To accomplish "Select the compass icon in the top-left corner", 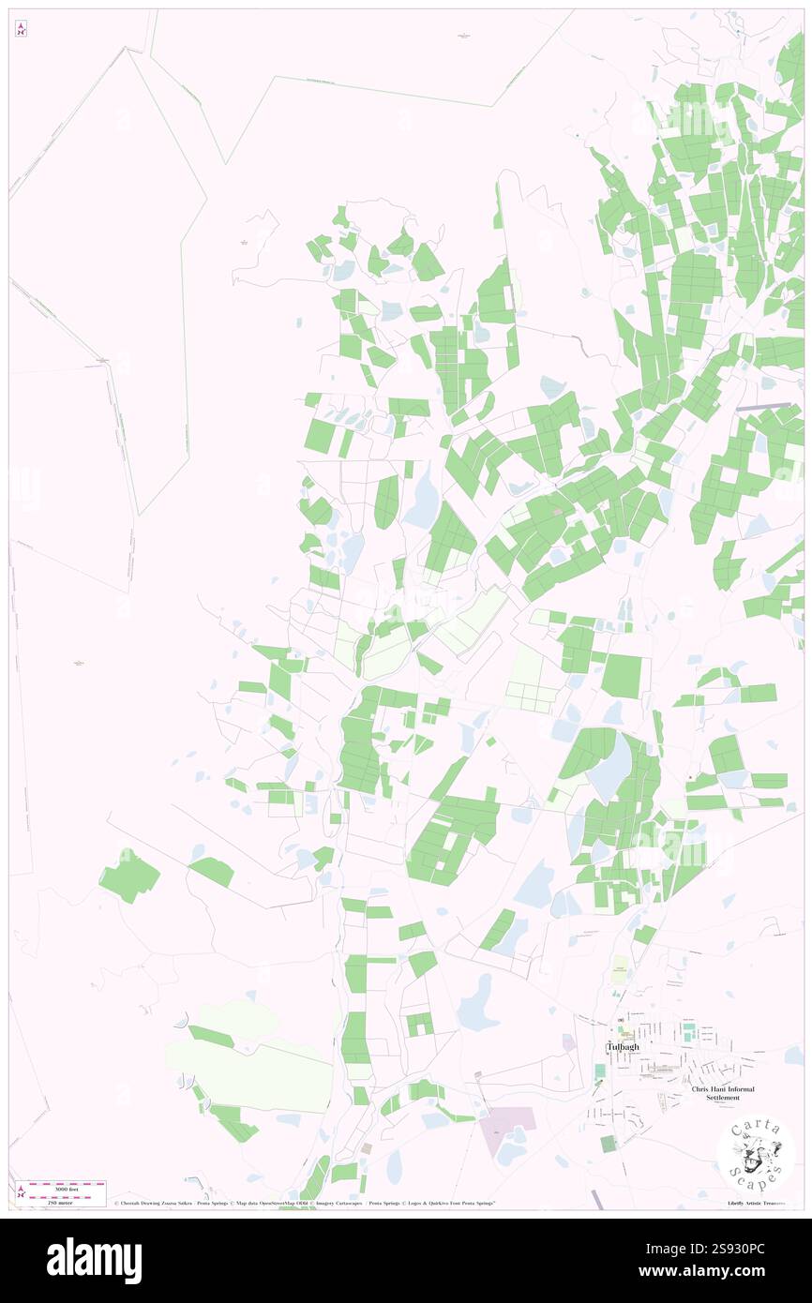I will point(21,29).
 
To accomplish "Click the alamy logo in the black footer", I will point(94,1260).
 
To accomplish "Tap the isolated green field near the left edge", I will point(129,876).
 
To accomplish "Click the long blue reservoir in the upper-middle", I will point(423,497).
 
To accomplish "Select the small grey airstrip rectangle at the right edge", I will point(765,407).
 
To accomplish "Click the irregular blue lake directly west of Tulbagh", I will point(478,1003).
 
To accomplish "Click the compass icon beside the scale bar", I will point(21,1192).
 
